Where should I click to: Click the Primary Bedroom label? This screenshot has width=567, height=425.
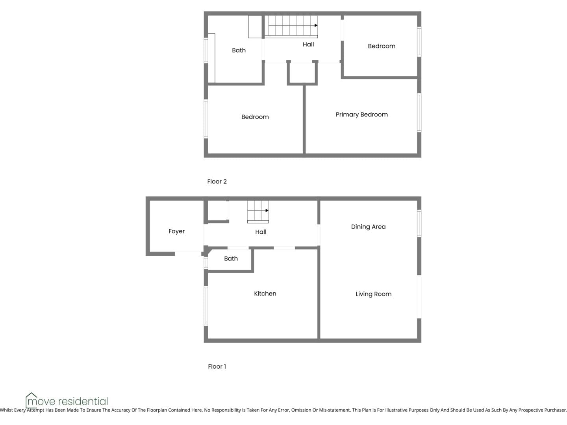tap(361, 115)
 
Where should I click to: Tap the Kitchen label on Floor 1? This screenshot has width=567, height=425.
tap(265, 294)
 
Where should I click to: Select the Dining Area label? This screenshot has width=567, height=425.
tap(368, 227)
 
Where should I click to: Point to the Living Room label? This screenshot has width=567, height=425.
tap(374, 294)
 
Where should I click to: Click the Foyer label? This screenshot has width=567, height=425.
tap(176, 231)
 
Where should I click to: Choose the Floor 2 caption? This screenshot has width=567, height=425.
tap(217, 181)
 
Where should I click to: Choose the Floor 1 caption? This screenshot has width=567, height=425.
tap(217, 366)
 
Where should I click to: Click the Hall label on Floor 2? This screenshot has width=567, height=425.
tap(308, 44)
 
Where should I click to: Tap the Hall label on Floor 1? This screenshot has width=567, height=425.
tap(261, 232)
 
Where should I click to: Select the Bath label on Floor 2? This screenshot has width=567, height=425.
tap(239, 50)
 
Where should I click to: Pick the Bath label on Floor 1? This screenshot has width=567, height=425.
tap(231, 259)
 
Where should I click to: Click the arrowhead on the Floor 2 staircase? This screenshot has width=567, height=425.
tap(316, 25)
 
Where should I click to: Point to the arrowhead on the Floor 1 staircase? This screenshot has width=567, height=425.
tap(267, 211)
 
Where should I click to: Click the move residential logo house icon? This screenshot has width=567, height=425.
tap(31, 400)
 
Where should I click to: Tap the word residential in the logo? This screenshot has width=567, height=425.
tap(83, 401)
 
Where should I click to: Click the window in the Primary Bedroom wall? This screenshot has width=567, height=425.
tap(419, 113)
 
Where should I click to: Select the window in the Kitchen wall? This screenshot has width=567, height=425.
tap(206, 306)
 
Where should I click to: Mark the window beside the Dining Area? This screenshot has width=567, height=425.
tap(419, 224)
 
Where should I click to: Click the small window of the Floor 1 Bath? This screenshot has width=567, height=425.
tap(206, 263)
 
